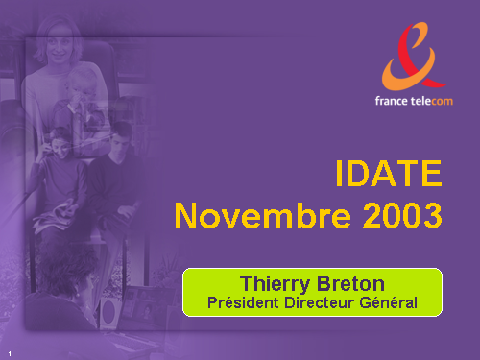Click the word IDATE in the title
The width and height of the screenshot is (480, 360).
[x=389, y=173]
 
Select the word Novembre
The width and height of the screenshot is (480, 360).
[x=262, y=215]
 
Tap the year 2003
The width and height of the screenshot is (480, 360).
[x=402, y=215]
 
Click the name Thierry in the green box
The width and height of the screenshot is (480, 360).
[x=276, y=284]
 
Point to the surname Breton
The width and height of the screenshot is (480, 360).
[x=350, y=283]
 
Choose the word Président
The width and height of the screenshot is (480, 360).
[x=243, y=302]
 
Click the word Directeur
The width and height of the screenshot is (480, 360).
[x=320, y=302]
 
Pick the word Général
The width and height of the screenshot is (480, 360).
[x=389, y=302]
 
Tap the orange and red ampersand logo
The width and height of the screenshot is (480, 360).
[x=413, y=57]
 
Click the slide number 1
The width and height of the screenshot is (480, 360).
[x=10, y=353]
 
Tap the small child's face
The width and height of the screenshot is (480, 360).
[x=81, y=88]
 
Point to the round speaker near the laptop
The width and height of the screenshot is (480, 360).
[x=109, y=311]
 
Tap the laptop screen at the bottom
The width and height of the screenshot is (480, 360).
[x=144, y=304]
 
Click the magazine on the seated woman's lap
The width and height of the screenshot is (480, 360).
[x=55, y=214]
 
